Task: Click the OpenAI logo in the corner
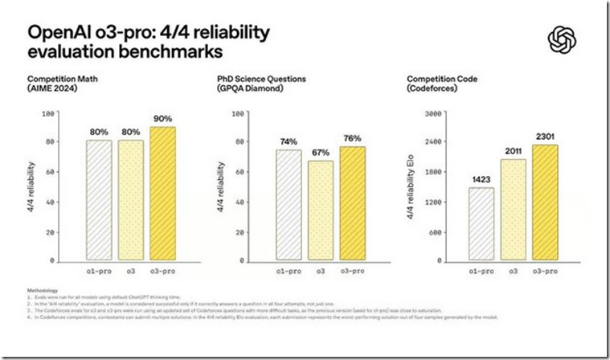pos(559,39)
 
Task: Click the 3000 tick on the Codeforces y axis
pos(435,114)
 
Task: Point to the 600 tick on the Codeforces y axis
pos(438,231)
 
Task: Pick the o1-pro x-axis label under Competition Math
pos(98,272)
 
